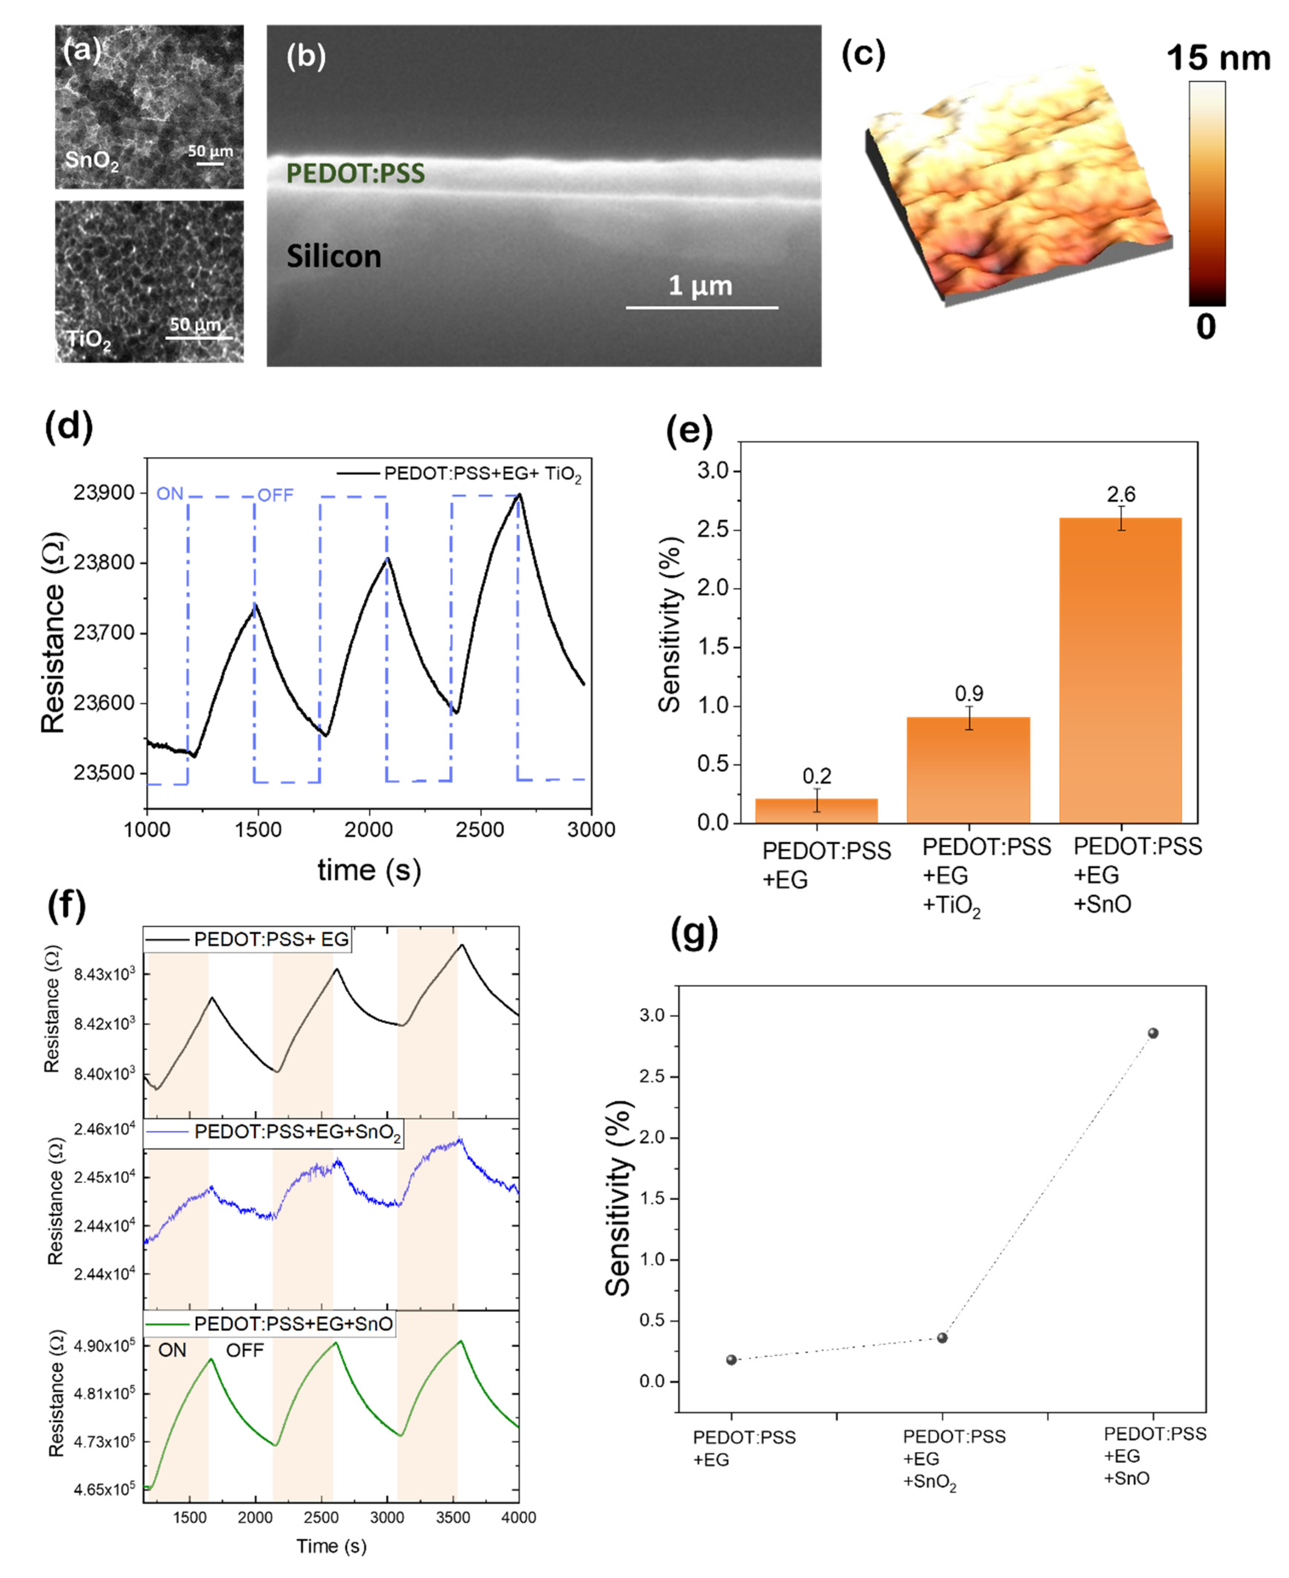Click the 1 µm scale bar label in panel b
click(x=700, y=286)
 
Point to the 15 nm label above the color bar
click(x=1218, y=58)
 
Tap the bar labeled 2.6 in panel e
click(x=1120, y=668)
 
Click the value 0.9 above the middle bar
click(x=968, y=693)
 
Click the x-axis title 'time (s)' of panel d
click(x=369, y=869)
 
